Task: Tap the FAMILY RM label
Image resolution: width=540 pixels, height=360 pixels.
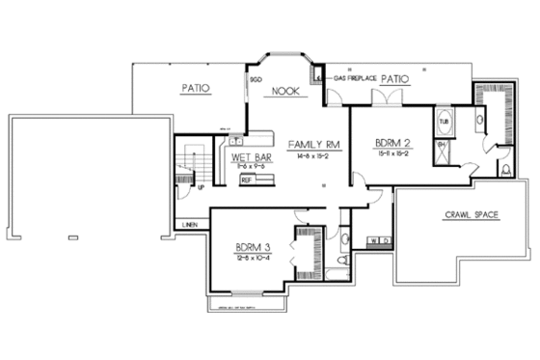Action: point(302,143)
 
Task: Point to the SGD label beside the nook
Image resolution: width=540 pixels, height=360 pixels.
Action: point(256,79)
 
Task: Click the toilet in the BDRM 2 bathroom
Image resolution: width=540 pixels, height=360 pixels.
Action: point(504,171)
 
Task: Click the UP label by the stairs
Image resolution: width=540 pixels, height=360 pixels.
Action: point(200,189)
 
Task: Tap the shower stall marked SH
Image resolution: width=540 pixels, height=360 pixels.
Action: point(444,148)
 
